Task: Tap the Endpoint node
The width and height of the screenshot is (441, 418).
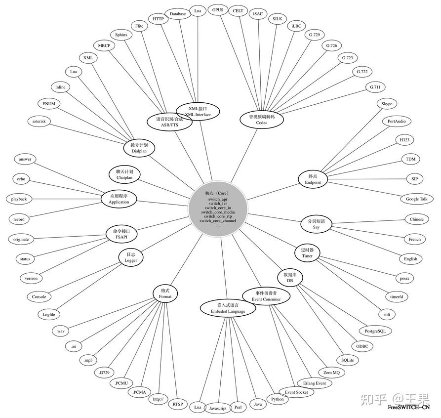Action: click(x=313, y=179)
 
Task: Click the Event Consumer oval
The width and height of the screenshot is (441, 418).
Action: click(x=266, y=295)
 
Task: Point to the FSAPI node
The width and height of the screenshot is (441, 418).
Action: click(x=121, y=233)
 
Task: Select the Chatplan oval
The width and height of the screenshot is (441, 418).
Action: click(x=124, y=173)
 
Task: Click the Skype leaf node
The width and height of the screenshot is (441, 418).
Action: click(x=387, y=104)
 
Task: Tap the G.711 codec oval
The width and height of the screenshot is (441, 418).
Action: click(x=375, y=87)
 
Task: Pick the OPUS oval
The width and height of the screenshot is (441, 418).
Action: click(x=218, y=10)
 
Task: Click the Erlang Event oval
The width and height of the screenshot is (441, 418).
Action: click(x=315, y=383)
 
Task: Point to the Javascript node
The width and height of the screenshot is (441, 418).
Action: click(x=217, y=408)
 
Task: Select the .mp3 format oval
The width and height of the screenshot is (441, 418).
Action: click(x=88, y=360)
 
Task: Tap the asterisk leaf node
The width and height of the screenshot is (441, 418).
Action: click(x=39, y=121)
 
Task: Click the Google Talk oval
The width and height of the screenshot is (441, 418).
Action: click(x=416, y=199)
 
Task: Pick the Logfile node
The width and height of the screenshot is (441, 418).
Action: click(x=49, y=314)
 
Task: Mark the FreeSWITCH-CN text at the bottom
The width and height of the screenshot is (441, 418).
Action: click(x=408, y=408)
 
